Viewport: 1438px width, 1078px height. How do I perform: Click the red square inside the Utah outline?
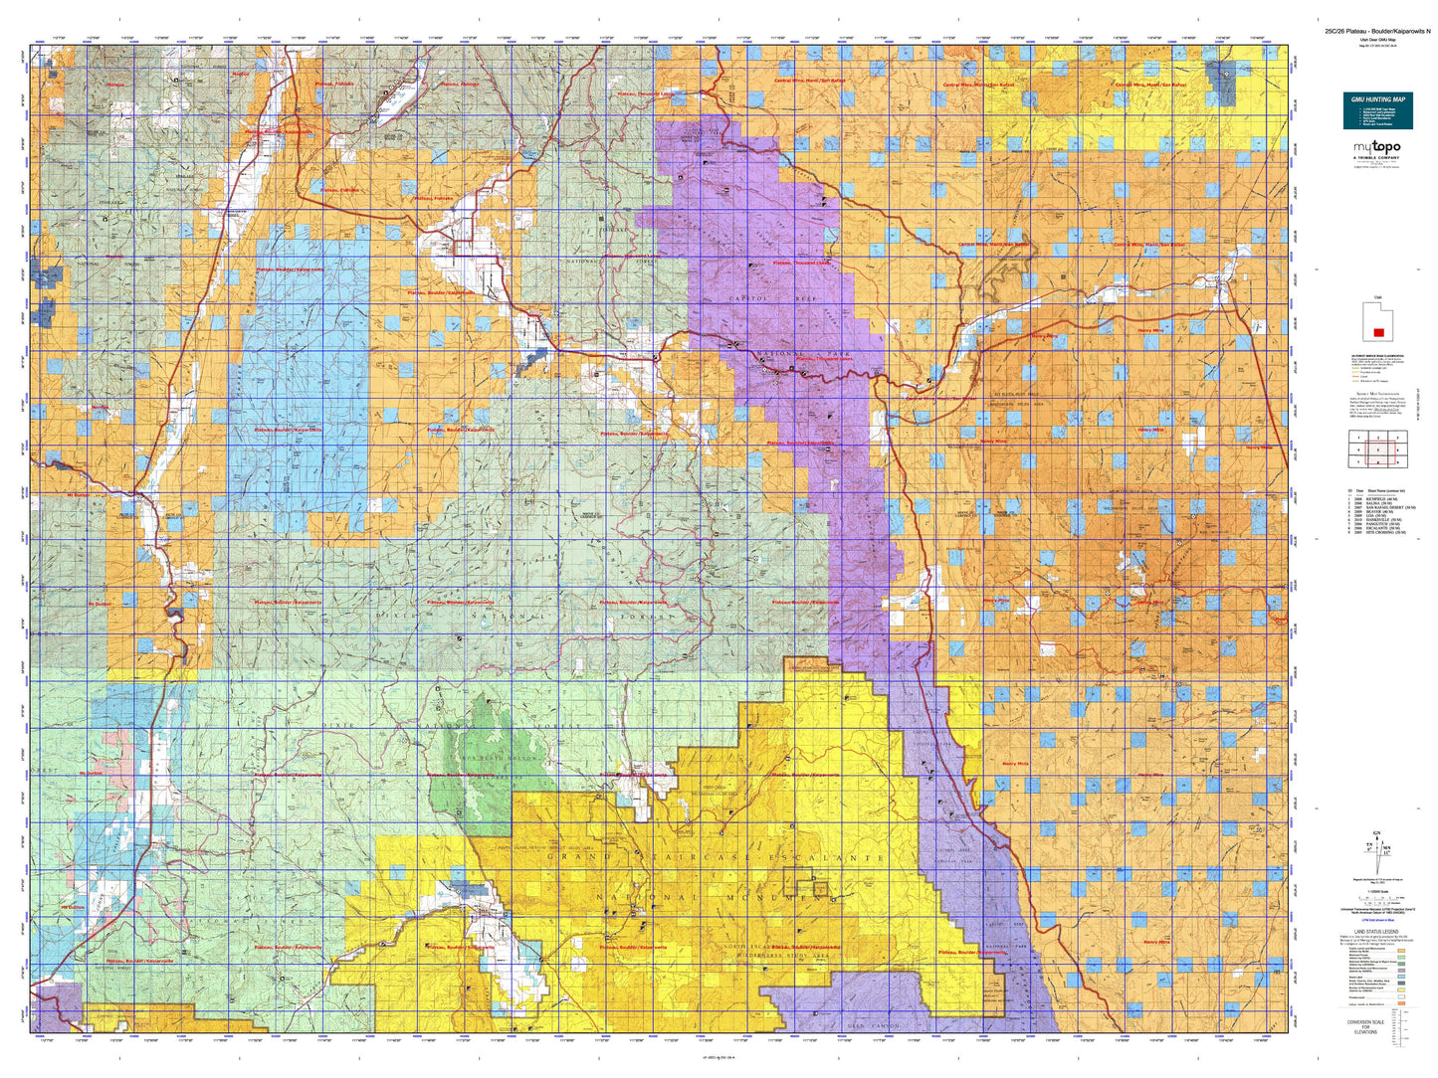1378,331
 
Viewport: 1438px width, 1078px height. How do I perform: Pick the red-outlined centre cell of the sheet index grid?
1377,449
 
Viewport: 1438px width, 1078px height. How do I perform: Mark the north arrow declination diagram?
1377,851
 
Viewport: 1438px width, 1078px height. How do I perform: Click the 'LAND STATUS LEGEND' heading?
1377,932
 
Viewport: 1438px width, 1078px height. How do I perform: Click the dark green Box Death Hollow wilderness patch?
478,786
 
